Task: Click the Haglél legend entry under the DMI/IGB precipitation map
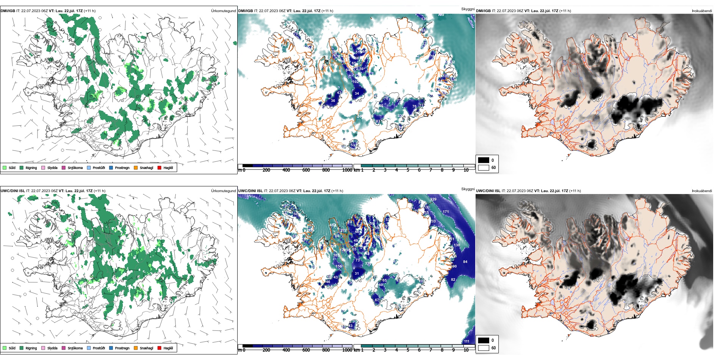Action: [165, 167]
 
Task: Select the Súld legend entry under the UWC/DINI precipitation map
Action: [9, 348]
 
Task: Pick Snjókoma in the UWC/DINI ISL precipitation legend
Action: [72, 348]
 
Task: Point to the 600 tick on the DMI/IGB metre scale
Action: [306, 170]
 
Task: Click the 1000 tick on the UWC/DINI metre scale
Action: [347, 350]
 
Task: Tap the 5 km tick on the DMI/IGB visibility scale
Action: [408, 170]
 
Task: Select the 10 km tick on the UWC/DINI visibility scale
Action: [466, 350]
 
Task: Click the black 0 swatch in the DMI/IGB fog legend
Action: [484, 160]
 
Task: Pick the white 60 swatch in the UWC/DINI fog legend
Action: [484, 347]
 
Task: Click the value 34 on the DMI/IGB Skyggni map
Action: [357, 94]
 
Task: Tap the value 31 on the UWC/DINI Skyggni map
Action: [357, 274]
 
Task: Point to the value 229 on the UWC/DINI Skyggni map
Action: [434, 199]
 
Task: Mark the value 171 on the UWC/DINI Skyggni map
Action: [446, 212]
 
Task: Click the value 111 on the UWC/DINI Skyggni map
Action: [466, 341]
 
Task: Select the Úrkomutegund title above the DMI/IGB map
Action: [223, 11]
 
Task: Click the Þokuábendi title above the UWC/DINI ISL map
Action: [702, 191]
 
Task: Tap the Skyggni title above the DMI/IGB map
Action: [468, 9]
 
